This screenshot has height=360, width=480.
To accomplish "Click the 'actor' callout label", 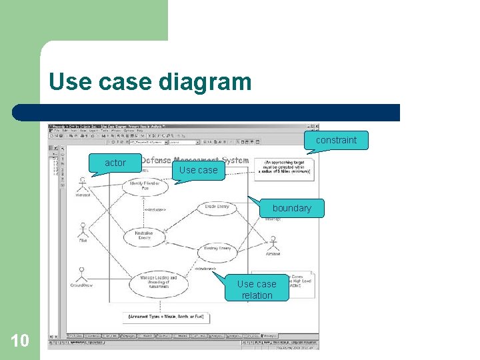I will click(115, 163).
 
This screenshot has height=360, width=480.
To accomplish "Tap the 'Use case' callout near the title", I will click(198, 170).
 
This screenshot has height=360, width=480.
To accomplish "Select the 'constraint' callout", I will click(336, 140).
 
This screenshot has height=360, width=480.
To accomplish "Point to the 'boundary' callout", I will click(291, 208).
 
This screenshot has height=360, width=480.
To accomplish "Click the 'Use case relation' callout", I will click(257, 289).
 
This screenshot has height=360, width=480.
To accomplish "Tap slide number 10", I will click(20, 341).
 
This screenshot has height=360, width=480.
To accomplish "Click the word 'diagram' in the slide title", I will click(205, 82).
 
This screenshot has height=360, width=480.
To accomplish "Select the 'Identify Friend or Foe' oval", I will click(145, 186).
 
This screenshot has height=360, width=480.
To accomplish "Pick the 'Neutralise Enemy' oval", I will click(144, 235).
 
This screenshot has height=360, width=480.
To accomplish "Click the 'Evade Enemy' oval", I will click(217, 207).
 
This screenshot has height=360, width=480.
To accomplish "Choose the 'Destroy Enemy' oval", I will click(217, 249).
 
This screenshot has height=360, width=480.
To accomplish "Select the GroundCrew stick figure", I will click(81, 274).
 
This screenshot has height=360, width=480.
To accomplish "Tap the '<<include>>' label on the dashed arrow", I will click(155, 210).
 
